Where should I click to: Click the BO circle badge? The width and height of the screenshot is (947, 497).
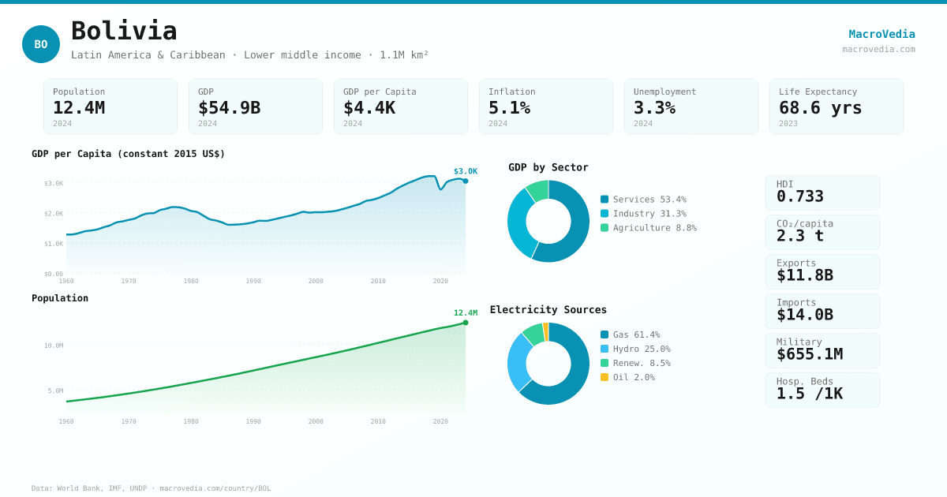point(41,44)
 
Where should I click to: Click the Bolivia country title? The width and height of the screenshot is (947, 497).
point(124,31)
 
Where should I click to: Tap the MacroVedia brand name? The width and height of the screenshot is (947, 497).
point(881,34)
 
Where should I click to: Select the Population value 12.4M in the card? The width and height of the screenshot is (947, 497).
point(79,107)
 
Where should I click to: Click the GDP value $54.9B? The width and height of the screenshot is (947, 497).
point(229,107)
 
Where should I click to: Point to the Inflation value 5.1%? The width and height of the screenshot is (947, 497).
point(509,107)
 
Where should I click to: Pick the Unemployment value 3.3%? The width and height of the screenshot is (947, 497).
point(654,107)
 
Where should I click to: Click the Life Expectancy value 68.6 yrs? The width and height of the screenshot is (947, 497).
point(820,107)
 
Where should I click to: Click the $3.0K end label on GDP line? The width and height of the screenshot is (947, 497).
point(465,171)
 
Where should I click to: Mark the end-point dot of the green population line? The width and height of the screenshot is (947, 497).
point(466,323)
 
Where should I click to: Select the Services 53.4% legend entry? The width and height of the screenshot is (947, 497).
point(643,200)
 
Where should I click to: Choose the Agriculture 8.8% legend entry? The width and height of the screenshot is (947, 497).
point(648,228)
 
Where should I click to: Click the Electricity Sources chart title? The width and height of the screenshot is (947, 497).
point(548,309)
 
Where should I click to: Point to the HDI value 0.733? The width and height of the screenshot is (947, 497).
point(799,196)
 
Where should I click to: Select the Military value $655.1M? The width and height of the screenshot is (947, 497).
point(809,354)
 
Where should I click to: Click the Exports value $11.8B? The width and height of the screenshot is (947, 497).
point(804,275)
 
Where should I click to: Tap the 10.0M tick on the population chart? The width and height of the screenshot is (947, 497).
point(54,346)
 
